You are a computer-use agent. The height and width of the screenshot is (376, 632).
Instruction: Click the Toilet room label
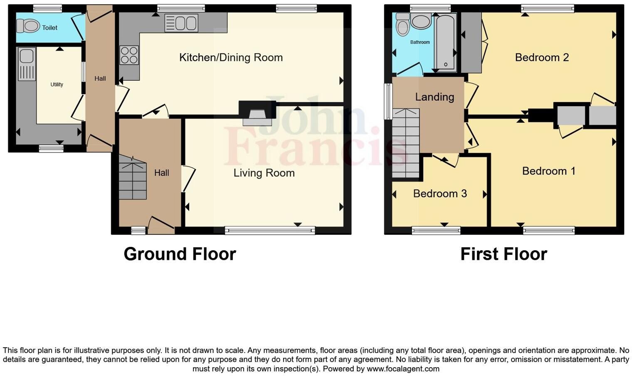tap(49, 28)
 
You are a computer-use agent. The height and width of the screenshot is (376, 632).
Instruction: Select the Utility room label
tap(57, 85)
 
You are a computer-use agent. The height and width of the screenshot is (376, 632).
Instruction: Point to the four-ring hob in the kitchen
tap(129, 55)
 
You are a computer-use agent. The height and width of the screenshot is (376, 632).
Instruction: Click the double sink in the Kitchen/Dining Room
tap(181, 23)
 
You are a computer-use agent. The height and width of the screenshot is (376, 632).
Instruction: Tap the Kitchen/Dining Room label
tap(231, 57)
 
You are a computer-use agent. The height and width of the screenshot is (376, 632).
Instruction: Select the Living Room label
tap(264, 173)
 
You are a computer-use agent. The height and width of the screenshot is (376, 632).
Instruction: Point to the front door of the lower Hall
tap(161, 225)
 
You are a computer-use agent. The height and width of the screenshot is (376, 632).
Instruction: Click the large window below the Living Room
tap(269, 230)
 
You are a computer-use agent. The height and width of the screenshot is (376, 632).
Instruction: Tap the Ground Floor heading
tap(180, 254)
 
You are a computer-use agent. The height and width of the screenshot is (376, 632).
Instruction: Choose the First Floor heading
tap(504, 254)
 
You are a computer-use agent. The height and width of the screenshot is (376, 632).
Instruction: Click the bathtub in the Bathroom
tap(445, 42)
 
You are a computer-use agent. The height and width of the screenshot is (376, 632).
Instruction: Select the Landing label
tap(434, 97)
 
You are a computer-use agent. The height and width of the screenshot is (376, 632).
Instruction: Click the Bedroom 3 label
tap(440, 194)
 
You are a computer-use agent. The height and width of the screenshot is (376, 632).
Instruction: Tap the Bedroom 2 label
tap(542, 57)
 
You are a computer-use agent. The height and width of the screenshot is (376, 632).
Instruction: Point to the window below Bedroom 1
tap(549, 230)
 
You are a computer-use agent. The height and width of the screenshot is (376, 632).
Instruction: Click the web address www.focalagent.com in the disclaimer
tap(403, 369)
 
